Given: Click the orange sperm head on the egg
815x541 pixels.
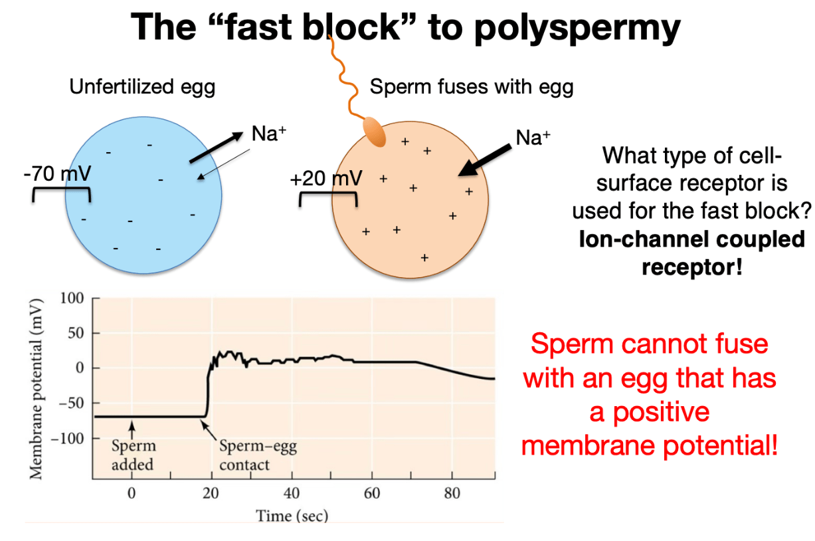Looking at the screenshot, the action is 375,132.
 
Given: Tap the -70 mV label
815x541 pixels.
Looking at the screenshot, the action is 58,173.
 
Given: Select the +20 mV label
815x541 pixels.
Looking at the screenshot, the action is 326,178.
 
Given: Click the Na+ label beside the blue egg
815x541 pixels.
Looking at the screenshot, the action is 269,133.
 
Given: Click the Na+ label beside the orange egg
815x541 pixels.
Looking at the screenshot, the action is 533,138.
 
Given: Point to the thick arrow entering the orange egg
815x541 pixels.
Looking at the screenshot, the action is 484,160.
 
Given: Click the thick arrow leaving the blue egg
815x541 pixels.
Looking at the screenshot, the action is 216,147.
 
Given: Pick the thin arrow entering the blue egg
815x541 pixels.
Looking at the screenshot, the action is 223,164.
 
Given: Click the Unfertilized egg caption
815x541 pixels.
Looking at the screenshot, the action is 142,87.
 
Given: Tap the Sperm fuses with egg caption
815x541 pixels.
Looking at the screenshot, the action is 472,87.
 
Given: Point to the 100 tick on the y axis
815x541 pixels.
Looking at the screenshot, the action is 72,298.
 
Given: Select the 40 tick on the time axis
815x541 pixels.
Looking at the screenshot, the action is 292,493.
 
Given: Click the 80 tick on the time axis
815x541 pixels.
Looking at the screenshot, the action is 452,493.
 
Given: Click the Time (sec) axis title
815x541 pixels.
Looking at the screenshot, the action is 292,516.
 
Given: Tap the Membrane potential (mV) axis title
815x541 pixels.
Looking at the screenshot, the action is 36,388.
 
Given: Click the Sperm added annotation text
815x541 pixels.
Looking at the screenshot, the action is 134,455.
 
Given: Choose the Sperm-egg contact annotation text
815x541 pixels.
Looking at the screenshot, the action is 258,455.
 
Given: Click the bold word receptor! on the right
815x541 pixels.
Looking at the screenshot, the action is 692,268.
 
